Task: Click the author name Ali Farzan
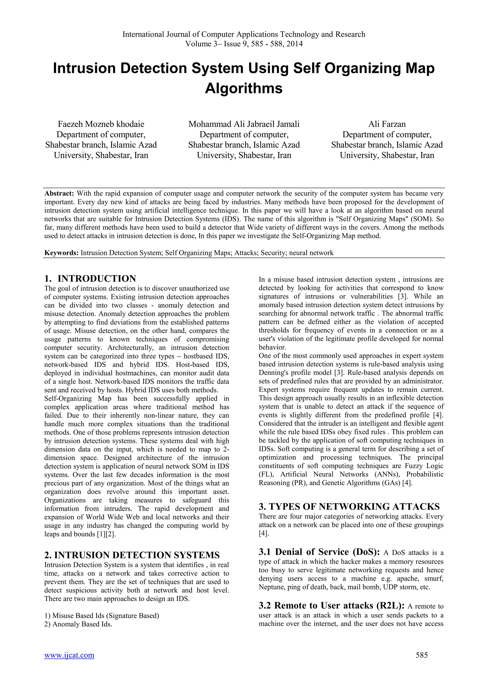pos(387,124)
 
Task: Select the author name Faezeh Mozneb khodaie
pos(101,124)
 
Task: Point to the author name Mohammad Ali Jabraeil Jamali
pos(244,124)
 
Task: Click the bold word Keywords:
pos(61,253)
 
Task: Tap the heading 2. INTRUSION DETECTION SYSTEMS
pos(132,555)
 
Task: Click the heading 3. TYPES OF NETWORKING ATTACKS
pos(349,507)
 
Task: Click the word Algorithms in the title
pos(244,88)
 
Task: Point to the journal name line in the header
pos(244,34)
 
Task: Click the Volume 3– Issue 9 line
pos(244,44)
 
